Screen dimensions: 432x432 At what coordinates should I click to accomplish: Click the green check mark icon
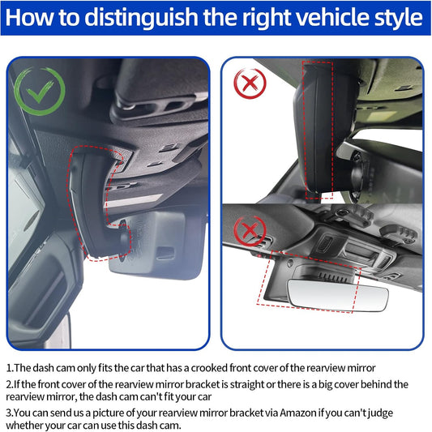(40, 91)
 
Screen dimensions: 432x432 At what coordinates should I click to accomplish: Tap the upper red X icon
(250, 83)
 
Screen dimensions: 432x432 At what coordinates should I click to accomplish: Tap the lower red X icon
(250, 231)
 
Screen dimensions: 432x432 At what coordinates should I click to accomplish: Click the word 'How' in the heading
(29, 18)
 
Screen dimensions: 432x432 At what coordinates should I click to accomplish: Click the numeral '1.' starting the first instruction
(10, 368)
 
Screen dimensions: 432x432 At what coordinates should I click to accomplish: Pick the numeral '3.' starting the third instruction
(10, 413)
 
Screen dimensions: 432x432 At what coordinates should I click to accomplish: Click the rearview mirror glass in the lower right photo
(338, 295)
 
